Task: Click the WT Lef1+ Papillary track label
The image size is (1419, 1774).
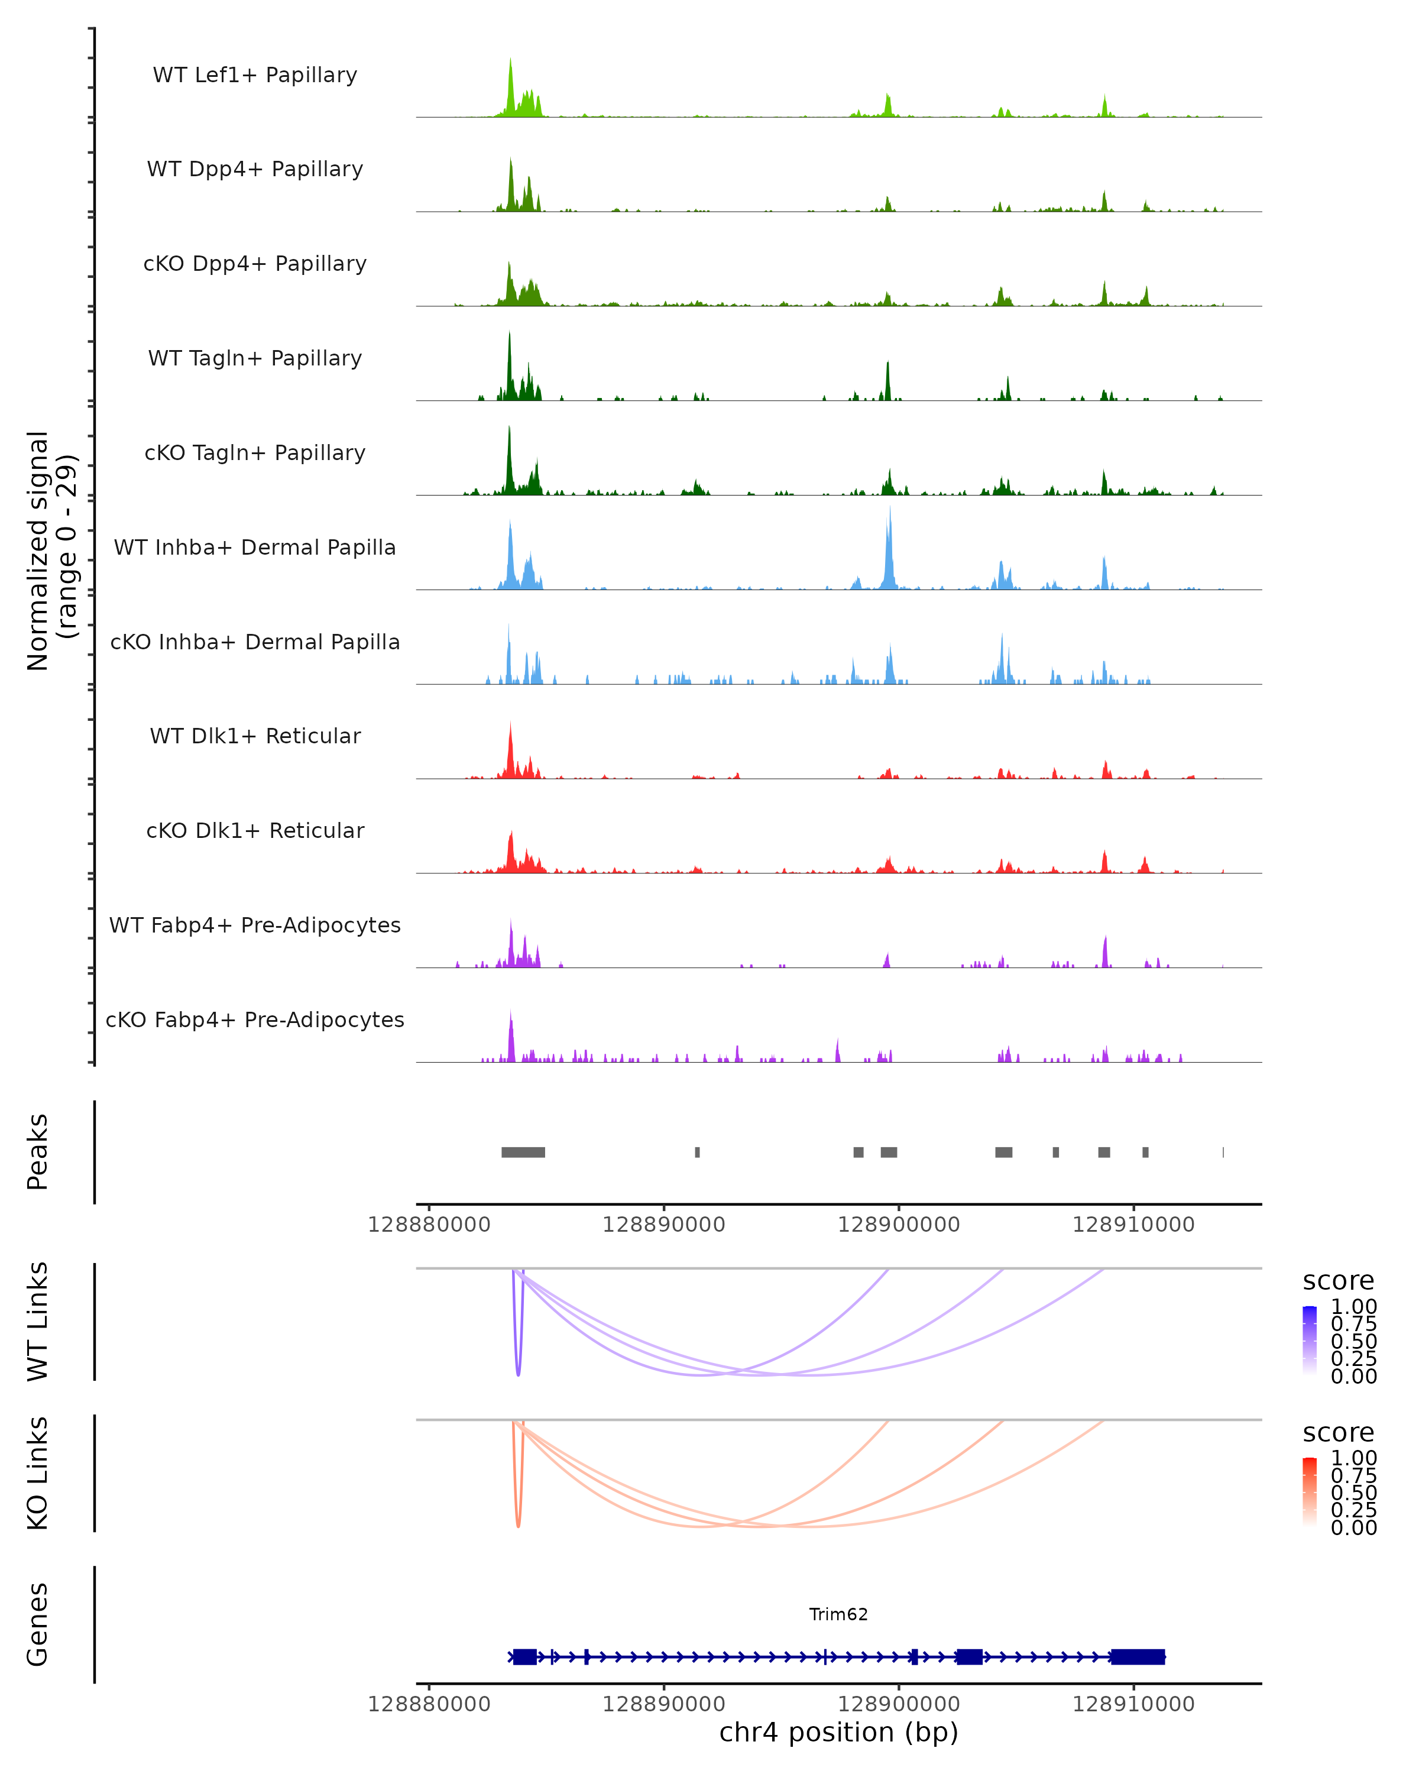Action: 255,75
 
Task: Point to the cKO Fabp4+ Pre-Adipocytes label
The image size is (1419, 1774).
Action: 255,1019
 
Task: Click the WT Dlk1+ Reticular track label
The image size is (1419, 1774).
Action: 255,736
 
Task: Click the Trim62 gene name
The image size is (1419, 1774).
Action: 838,1614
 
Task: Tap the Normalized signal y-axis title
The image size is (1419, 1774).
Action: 51,551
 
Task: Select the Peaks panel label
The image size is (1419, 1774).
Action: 37,1152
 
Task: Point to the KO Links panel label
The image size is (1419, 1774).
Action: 37,1474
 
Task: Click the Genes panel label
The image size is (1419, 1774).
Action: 37,1624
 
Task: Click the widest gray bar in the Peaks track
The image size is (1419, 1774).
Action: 523,1152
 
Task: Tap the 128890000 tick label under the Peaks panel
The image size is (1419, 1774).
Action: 664,1225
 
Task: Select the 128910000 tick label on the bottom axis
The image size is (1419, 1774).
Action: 1133,1704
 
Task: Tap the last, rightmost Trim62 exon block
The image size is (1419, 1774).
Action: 1138,1656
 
